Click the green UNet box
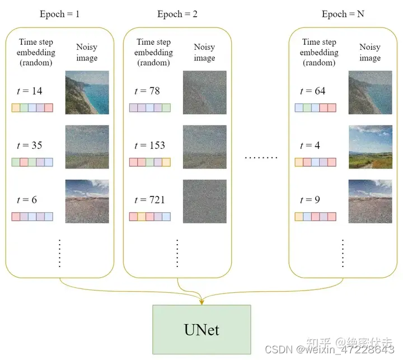click(201, 329)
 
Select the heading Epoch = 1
click(59, 14)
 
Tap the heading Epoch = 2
click(177, 14)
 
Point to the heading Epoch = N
click(343, 14)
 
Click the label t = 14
click(30, 91)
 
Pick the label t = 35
click(30, 146)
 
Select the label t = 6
click(27, 200)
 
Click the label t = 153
click(150, 146)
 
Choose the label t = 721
click(150, 200)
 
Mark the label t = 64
click(313, 91)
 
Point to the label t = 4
click(310, 146)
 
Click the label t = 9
click(310, 200)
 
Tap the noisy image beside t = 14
click(87, 92)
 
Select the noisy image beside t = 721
click(204, 201)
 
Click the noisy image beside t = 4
click(369, 147)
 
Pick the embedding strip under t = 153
click(150, 162)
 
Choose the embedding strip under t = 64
click(315, 108)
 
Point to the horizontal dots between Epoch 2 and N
click(261, 158)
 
